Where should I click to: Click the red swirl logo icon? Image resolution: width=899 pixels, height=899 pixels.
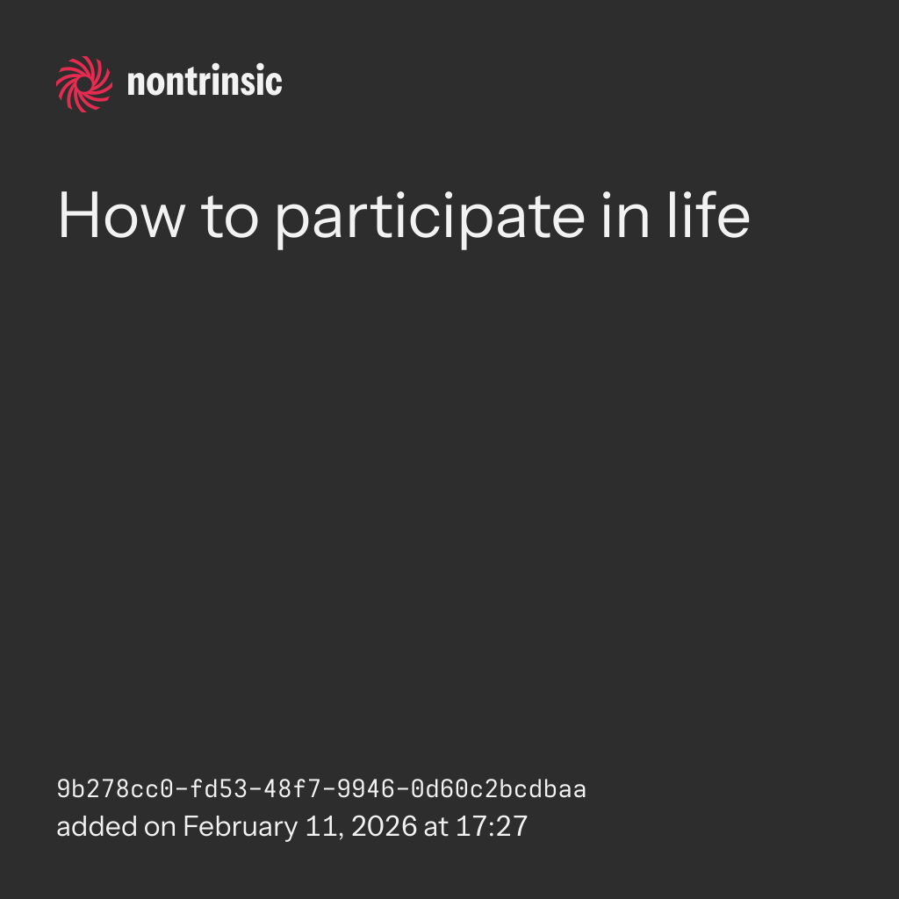(84, 84)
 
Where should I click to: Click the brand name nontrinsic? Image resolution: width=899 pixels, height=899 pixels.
(205, 81)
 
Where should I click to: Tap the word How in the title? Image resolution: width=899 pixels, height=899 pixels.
(121, 216)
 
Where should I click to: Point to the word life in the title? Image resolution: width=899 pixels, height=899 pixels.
(708, 214)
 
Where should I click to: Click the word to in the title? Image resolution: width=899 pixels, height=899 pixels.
(230, 218)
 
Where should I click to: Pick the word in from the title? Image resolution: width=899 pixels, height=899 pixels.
(626, 216)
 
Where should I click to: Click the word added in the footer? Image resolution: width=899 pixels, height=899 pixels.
(97, 827)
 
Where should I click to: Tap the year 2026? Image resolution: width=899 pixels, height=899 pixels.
(385, 827)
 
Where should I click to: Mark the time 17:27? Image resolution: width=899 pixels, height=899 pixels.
(492, 827)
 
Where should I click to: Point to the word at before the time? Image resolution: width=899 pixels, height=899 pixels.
(435, 828)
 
